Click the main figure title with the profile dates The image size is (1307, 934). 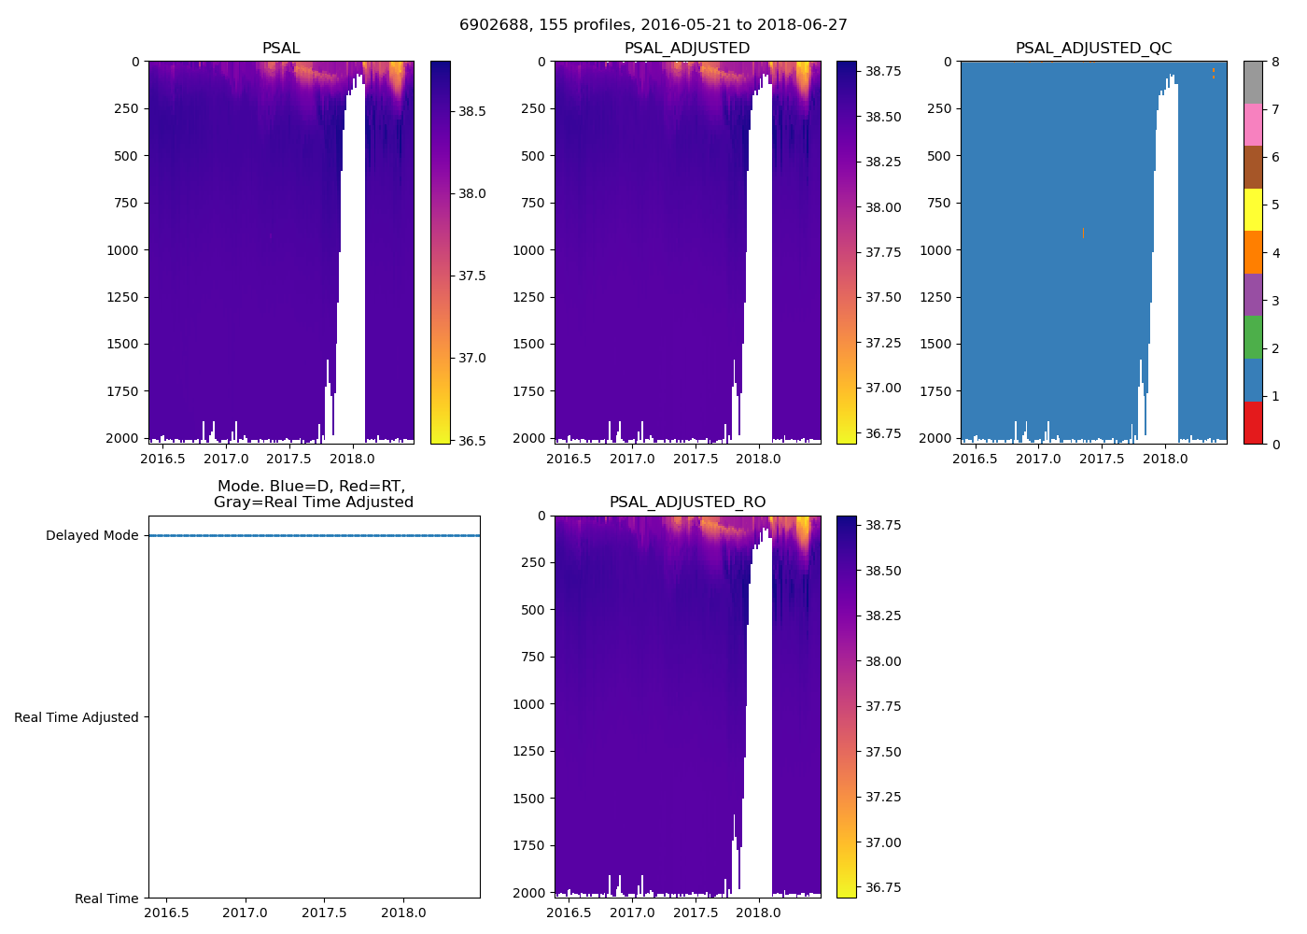(x=653, y=25)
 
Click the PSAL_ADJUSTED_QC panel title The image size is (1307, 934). (x=1093, y=49)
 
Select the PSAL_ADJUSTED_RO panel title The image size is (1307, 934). (x=687, y=502)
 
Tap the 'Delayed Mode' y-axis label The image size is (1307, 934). (x=91, y=536)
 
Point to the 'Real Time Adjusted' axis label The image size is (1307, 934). (x=77, y=717)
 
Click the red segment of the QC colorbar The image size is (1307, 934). (x=1253, y=422)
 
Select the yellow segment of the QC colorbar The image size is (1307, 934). (x=1253, y=209)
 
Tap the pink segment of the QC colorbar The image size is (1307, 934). (x=1253, y=124)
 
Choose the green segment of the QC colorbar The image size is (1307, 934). (x=1253, y=337)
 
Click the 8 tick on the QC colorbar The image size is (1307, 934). (x=1274, y=62)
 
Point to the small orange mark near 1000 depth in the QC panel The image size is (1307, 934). (x=1083, y=233)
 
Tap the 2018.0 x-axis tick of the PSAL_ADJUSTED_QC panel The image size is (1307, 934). (x=1165, y=459)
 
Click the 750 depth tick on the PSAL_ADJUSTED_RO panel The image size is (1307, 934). (x=534, y=657)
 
